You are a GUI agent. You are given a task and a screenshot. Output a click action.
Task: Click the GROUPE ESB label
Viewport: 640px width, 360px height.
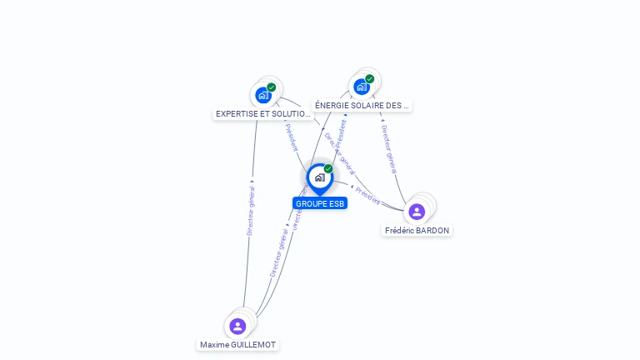tap(320, 203)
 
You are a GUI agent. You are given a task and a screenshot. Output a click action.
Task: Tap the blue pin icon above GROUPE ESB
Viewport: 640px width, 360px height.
tap(319, 177)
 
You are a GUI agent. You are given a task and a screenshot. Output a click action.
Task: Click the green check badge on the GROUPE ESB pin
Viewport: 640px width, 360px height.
tap(328, 169)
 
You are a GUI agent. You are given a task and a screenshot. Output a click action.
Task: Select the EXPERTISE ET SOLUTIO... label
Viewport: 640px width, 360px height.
tap(263, 113)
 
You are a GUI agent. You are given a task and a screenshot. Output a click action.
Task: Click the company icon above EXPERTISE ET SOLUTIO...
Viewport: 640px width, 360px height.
tap(263, 95)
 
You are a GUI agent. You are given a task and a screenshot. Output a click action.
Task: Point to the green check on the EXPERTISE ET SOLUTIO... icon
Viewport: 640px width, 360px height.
tap(272, 87)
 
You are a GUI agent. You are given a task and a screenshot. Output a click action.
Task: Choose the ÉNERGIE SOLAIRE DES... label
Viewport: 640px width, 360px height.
tap(362, 106)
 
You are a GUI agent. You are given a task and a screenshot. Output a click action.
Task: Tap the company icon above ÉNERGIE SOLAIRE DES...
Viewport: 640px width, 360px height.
tap(362, 87)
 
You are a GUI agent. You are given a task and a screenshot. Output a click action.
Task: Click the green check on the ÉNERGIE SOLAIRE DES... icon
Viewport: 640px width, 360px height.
tap(370, 79)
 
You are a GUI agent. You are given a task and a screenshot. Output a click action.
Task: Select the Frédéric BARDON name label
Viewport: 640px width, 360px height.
tap(417, 230)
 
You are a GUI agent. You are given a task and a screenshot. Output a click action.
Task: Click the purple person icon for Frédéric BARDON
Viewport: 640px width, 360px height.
tap(417, 212)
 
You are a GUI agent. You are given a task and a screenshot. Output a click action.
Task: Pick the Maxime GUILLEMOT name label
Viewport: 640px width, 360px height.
tap(237, 344)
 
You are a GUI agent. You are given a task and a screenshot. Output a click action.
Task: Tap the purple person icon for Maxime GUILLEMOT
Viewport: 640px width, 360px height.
tap(237, 326)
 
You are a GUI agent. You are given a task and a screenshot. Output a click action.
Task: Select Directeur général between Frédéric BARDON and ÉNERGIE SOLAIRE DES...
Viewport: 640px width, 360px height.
tap(388, 148)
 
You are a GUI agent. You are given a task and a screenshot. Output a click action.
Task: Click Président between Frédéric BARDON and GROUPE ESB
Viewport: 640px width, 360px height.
tap(367, 195)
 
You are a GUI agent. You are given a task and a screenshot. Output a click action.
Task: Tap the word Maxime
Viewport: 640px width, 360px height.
tap(215, 344)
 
